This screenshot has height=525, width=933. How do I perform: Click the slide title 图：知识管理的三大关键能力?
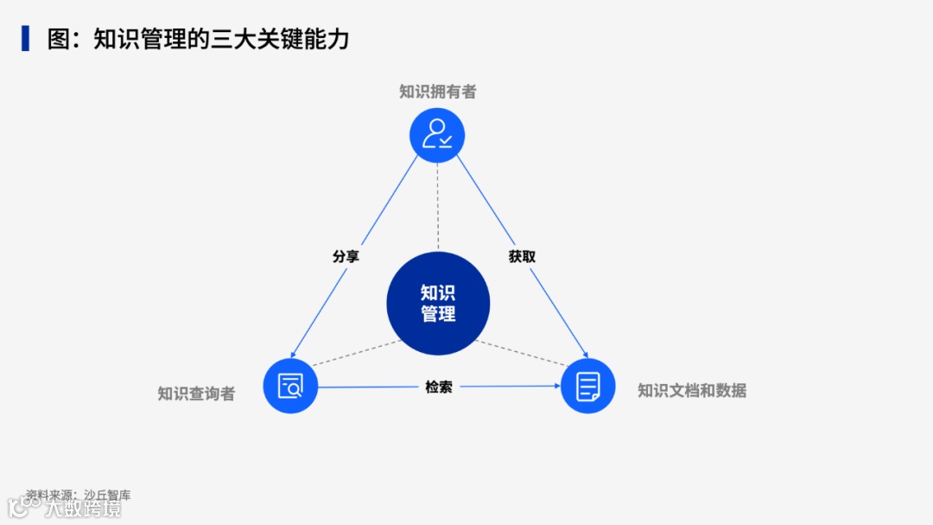coord(198,39)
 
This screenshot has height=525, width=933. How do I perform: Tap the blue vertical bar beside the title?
coord(26,39)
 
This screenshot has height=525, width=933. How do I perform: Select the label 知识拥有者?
coord(437,92)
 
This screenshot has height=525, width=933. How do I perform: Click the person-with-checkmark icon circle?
coord(437,135)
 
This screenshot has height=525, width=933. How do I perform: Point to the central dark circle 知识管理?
coord(438,304)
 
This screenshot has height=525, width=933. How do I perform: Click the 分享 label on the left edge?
coord(346,257)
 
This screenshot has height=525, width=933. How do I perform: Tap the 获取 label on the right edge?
coord(522,257)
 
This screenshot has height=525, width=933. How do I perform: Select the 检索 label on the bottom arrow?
coord(438,387)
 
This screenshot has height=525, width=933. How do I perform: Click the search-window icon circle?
coord(291,386)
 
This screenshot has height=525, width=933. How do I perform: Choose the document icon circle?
coord(587,386)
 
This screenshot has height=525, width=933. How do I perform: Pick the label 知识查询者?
coord(196,394)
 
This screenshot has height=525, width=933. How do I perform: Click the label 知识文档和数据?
coord(691,390)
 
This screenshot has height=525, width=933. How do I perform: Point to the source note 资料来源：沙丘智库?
coord(78,496)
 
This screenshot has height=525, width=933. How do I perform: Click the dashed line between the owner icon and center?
coord(437,208)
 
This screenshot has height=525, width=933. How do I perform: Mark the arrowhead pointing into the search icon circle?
coord(295,353)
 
